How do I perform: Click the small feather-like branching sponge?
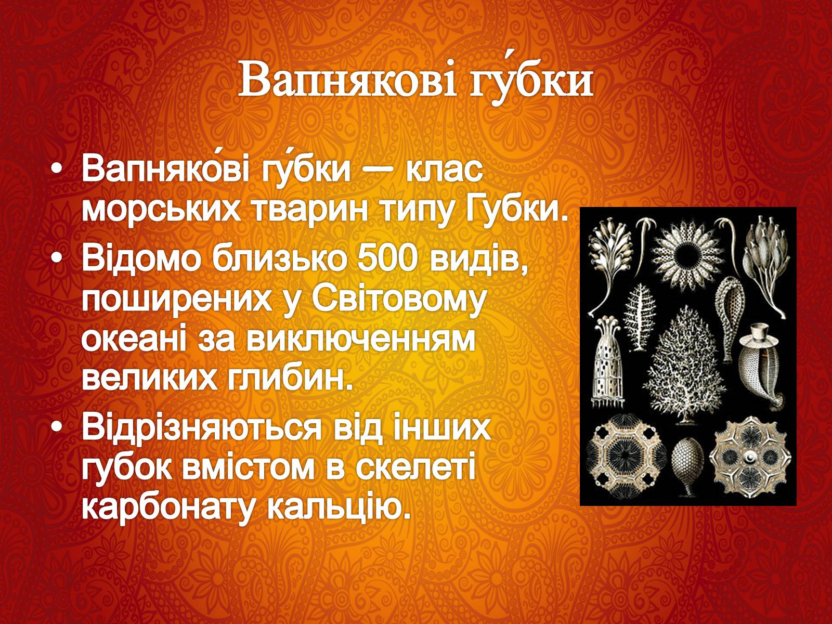pos(640,317)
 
